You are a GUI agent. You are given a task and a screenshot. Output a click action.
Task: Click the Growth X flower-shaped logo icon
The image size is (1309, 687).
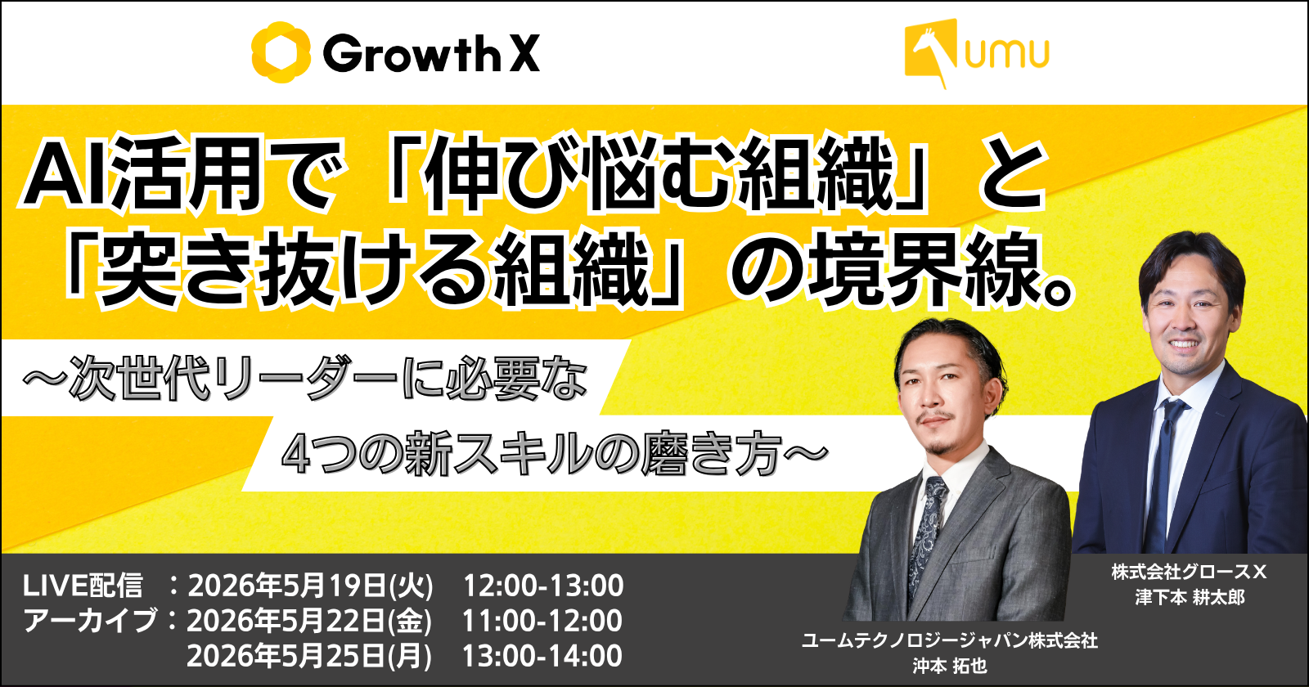click(281, 52)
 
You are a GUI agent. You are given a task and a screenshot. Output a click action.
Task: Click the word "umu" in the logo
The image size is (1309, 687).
click(1007, 53)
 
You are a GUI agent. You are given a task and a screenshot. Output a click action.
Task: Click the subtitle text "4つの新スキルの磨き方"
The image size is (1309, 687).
click(531, 454)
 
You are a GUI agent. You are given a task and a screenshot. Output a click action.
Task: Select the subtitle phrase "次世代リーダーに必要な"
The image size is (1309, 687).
click(328, 380)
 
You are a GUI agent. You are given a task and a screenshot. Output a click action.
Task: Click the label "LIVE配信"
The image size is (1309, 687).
click(83, 586)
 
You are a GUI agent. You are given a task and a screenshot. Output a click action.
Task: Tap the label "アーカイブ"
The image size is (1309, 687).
click(90, 621)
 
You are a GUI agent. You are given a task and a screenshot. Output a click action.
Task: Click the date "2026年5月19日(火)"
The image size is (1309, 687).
click(310, 586)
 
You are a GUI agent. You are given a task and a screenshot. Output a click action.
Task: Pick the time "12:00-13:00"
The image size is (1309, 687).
click(543, 586)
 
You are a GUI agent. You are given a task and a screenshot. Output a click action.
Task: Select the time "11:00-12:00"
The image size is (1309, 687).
click(542, 621)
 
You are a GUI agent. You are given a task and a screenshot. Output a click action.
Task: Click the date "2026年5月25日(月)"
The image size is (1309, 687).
click(309, 655)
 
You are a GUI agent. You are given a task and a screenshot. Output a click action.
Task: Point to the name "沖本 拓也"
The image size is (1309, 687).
click(950, 666)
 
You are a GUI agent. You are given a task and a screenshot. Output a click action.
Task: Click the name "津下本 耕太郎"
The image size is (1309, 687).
click(1190, 598)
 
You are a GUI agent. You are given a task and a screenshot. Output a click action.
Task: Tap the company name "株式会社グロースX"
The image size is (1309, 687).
click(1190, 572)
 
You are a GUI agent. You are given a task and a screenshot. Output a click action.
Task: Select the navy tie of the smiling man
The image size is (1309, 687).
click(1164, 474)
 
